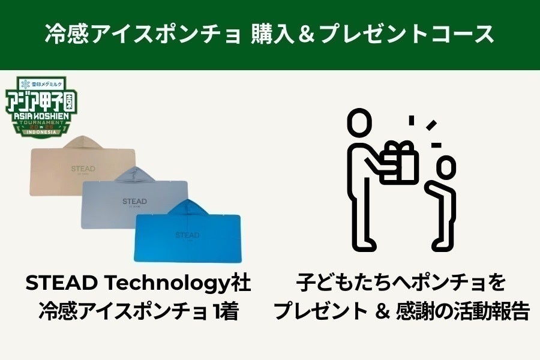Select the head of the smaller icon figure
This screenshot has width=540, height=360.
click(445, 166)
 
